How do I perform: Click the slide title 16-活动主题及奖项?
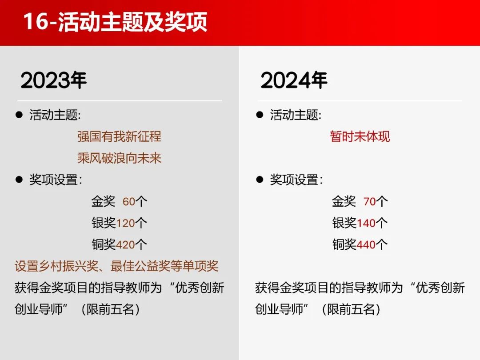116,22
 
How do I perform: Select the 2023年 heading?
54,80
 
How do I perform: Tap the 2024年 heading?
294,80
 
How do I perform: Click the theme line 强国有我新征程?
120,136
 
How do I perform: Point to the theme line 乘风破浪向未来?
120,158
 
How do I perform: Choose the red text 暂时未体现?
360,136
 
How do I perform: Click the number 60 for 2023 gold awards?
129,202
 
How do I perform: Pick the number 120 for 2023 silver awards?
125,223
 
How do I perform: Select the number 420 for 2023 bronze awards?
125,245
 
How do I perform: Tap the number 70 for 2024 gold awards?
369,202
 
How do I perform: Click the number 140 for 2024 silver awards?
366,223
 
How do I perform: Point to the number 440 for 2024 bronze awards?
366,245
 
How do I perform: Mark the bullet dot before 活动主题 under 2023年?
19,115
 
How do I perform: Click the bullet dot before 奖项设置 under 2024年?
260,180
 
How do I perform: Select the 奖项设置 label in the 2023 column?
54,180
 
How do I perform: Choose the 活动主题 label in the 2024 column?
294,115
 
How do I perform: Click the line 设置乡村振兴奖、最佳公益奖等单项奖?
116,266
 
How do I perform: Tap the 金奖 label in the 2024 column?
344,201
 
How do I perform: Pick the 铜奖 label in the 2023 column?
104,244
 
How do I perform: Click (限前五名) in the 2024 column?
351,309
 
